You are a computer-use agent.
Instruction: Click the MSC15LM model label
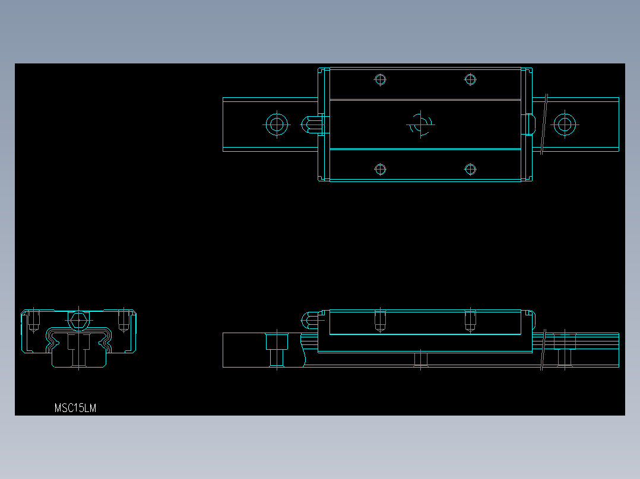click(x=75, y=408)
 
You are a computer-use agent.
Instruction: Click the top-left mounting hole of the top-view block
click(x=381, y=79)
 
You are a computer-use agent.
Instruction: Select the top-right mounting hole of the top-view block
click(x=470, y=79)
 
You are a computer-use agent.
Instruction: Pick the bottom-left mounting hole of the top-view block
click(x=381, y=170)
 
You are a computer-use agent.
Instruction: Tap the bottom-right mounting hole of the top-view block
click(x=470, y=170)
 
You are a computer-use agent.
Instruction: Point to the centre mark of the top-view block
click(x=420, y=124)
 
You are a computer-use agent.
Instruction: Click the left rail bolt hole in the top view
click(x=276, y=124)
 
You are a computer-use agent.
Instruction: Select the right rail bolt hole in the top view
click(x=565, y=124)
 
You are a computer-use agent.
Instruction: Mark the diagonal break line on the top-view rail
click(x=544, y=124)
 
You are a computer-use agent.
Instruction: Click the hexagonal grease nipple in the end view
click(x=78, y=321)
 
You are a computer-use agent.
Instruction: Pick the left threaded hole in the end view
click(x=34, y=321)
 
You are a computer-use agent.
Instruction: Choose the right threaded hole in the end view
click(x=123, y=321)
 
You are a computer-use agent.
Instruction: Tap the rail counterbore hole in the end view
click(x=78, y=350)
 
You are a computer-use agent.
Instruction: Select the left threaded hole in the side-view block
click(x=381, y=321)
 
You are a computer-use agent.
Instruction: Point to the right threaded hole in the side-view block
click(x=470, y=321)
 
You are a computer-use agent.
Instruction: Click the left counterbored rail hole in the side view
click(x=277, y=349)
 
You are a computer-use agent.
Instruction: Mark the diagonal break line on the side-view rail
click(x=544, y=350)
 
